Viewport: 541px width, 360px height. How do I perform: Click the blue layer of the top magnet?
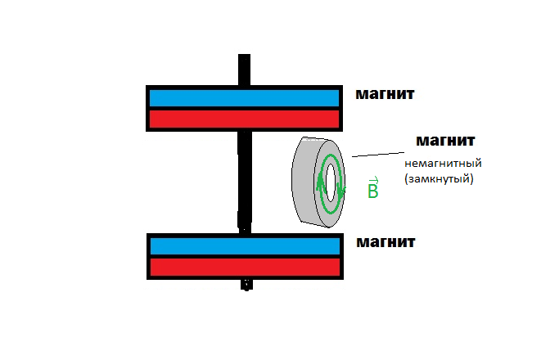pos(243,97)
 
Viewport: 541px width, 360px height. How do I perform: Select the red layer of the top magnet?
pos(243,119)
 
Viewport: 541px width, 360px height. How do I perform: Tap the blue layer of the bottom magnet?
pos(243,245)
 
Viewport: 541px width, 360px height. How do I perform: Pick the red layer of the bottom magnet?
pos(243,267)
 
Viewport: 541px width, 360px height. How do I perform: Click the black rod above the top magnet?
pos(244,69)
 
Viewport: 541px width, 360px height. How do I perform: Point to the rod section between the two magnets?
pos(244,180)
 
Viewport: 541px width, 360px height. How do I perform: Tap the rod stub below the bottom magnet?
pos(244,284)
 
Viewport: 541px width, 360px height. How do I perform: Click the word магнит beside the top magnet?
pos(385,94)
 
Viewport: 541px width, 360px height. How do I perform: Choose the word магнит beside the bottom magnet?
pos(385,242)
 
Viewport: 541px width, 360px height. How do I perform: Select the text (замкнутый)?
pos(440,178)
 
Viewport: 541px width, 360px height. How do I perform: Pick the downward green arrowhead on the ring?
pos(341,191)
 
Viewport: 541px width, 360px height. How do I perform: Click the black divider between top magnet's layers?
pos(243,108)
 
